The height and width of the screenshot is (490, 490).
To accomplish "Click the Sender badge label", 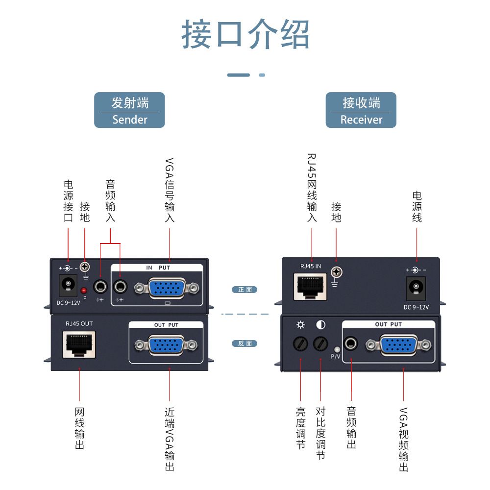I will [129, 110].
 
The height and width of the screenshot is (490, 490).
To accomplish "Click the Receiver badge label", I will [361, 110].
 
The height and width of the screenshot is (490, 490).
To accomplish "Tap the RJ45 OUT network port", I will [78, 344].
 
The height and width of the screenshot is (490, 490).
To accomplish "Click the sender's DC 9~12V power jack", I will [68, 284].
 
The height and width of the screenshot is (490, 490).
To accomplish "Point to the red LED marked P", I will [84, 291].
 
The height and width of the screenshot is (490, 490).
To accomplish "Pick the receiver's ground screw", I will [336, 272].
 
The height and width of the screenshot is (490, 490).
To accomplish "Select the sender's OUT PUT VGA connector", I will [167, 345].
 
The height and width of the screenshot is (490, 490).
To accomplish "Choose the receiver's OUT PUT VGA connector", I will [398, 345].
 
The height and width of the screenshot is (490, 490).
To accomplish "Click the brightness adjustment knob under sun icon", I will [300, 344].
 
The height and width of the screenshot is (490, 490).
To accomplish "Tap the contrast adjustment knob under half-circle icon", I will [320, 344].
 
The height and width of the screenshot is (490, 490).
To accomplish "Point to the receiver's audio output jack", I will [351, 343].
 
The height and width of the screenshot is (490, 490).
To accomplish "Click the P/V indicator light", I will [336, 348].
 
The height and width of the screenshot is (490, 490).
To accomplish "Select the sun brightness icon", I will [300, 324].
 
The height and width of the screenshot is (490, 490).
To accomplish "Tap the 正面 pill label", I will [245, 290].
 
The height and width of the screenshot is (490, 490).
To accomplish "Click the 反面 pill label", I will [245, 343].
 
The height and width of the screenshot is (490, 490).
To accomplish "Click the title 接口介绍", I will [245, 34].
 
